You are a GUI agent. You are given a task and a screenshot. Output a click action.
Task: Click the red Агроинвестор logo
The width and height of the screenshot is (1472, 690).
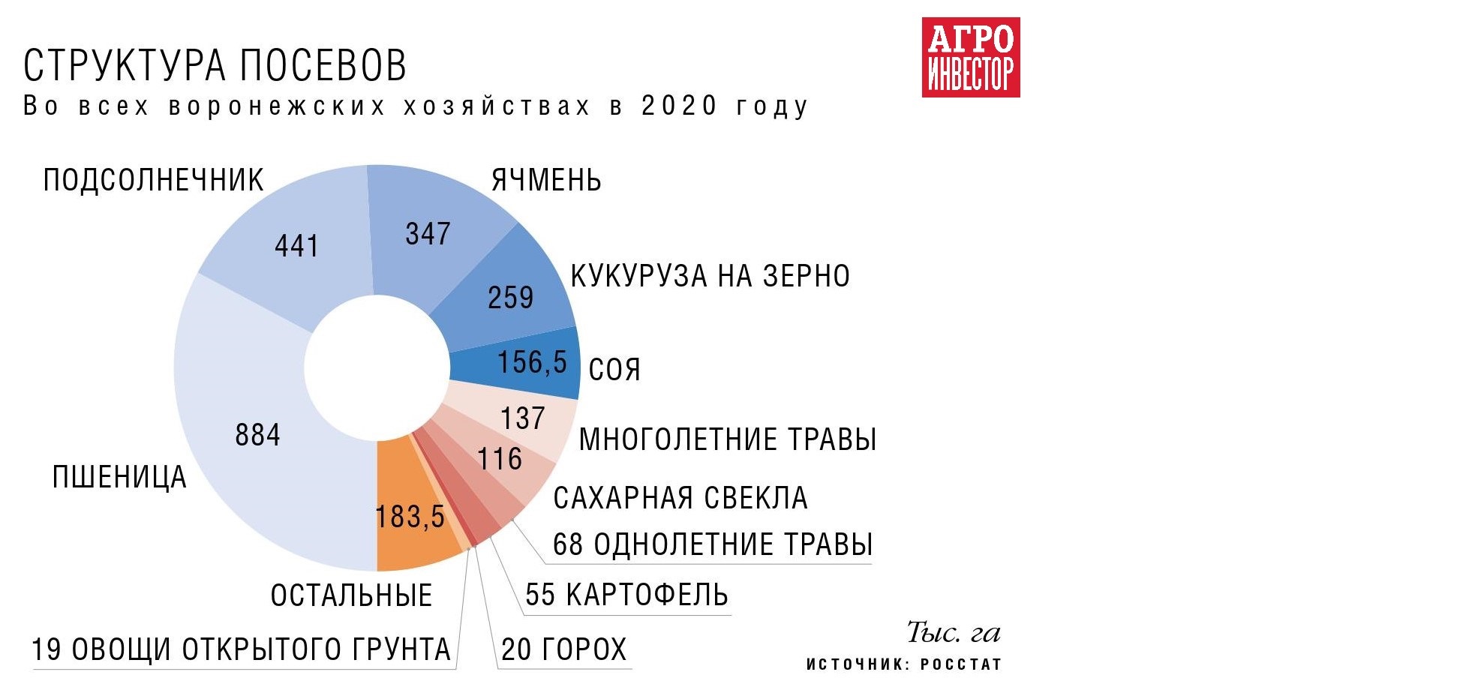pos(970,58)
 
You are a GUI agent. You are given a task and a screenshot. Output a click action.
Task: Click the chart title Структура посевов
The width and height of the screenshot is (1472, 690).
pos(215,66)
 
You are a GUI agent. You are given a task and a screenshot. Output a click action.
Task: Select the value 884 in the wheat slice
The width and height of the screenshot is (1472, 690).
pos(257,435)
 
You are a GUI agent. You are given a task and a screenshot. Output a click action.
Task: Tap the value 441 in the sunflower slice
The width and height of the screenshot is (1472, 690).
pos(296,246)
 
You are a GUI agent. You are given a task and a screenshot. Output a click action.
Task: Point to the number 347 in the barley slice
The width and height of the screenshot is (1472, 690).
pos(428,234)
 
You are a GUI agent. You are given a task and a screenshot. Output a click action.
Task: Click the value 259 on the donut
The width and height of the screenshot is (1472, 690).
pos(510,298)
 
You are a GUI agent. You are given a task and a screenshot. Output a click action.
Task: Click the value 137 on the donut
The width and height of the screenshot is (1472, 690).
pos(522,418)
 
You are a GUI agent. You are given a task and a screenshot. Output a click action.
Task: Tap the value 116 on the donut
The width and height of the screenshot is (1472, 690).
pos(500,459)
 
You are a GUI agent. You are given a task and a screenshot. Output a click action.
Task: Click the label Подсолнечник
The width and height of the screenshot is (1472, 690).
pos(153,181)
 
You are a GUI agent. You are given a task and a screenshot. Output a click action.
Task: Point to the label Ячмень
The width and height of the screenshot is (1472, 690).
pos(546,181)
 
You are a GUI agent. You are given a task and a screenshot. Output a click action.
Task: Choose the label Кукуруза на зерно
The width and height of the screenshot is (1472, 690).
pos(710,277)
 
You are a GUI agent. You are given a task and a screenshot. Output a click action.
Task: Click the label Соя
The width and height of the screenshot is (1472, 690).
pos(614,370)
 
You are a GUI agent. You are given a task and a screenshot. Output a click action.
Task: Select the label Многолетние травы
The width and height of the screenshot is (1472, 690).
pos(728,439)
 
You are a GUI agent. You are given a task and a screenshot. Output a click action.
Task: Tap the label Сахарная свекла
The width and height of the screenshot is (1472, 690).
pos(680,498)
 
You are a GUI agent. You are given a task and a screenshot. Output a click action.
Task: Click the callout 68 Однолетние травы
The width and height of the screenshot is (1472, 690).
pos(712,544)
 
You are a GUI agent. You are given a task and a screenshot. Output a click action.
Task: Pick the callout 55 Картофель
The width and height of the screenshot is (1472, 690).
pos(626,595)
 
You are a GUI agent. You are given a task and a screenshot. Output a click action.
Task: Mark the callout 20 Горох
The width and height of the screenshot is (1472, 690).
pos(563,649)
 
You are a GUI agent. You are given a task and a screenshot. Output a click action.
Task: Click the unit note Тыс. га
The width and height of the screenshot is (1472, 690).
pos(954,632)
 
